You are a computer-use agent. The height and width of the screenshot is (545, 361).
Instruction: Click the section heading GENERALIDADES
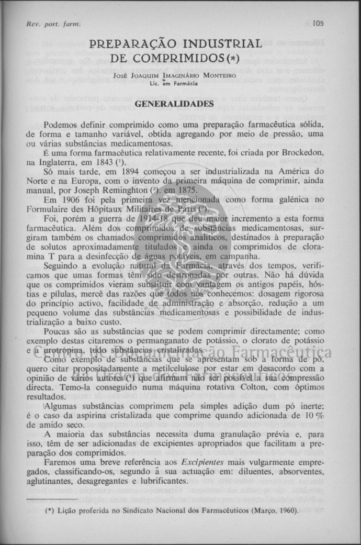[x=175, y=104]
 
